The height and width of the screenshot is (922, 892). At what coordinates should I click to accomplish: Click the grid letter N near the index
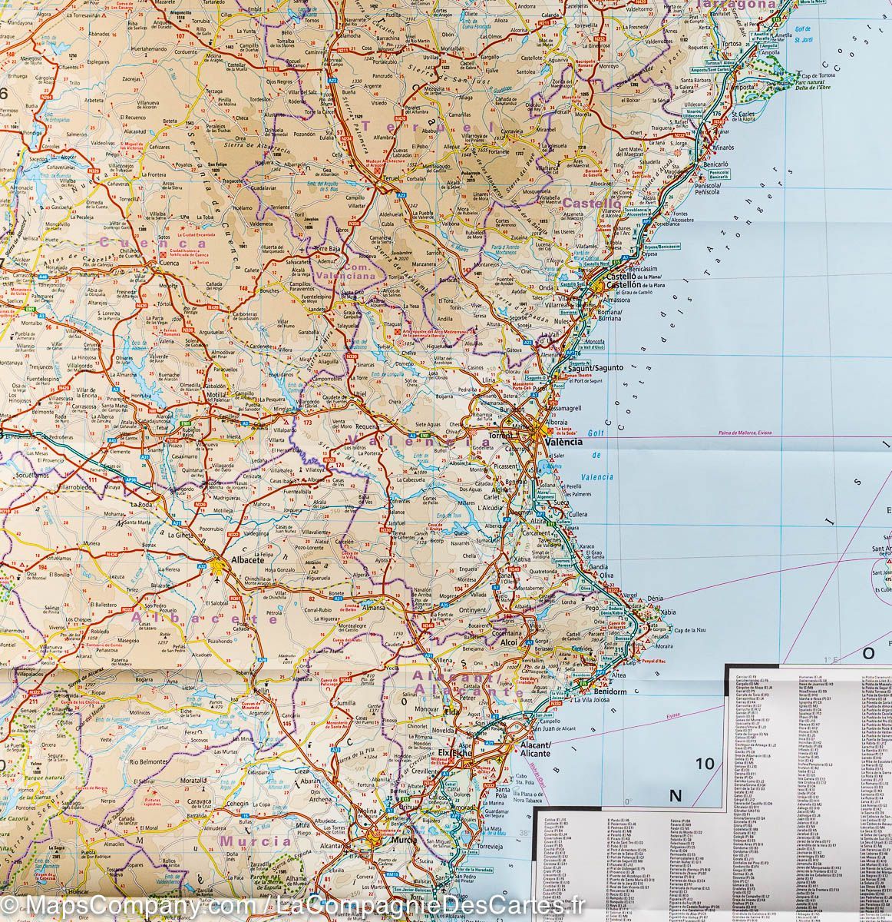[x=676, y=795]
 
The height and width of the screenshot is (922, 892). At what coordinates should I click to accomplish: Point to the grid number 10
[x=704, y=764]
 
